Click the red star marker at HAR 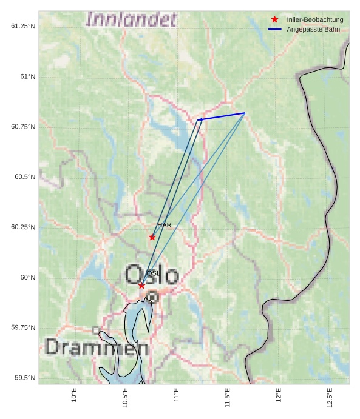pyautogui.click(x=152, y=237)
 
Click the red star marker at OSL pyautogui.click(x=141, y=286)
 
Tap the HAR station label pyautogui.click(x=164, y=225)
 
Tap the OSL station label pyautogui.click(x=153, y=273)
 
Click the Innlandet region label pyautogui.click(x=131, y=19)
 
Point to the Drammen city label pyautogui.click(x=97, y=348)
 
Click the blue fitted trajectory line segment pyautogui.click(x=222, y=116)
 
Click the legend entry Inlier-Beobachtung pyautogui.click(x=314, y=20)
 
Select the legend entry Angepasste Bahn pyautogui.click(x=313, y=29)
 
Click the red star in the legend pyautogui.click(x=275, y=20)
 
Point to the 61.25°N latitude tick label pyautogui.click(x=23, y=26)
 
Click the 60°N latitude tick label pyautogui.click(x=27, y=277)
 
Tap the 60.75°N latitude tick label pyautogui.click(x=23, y=127)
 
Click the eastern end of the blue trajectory pyautogui.click(x=244, y=113)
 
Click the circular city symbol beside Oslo pyautogui.click(x=152, y=297)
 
